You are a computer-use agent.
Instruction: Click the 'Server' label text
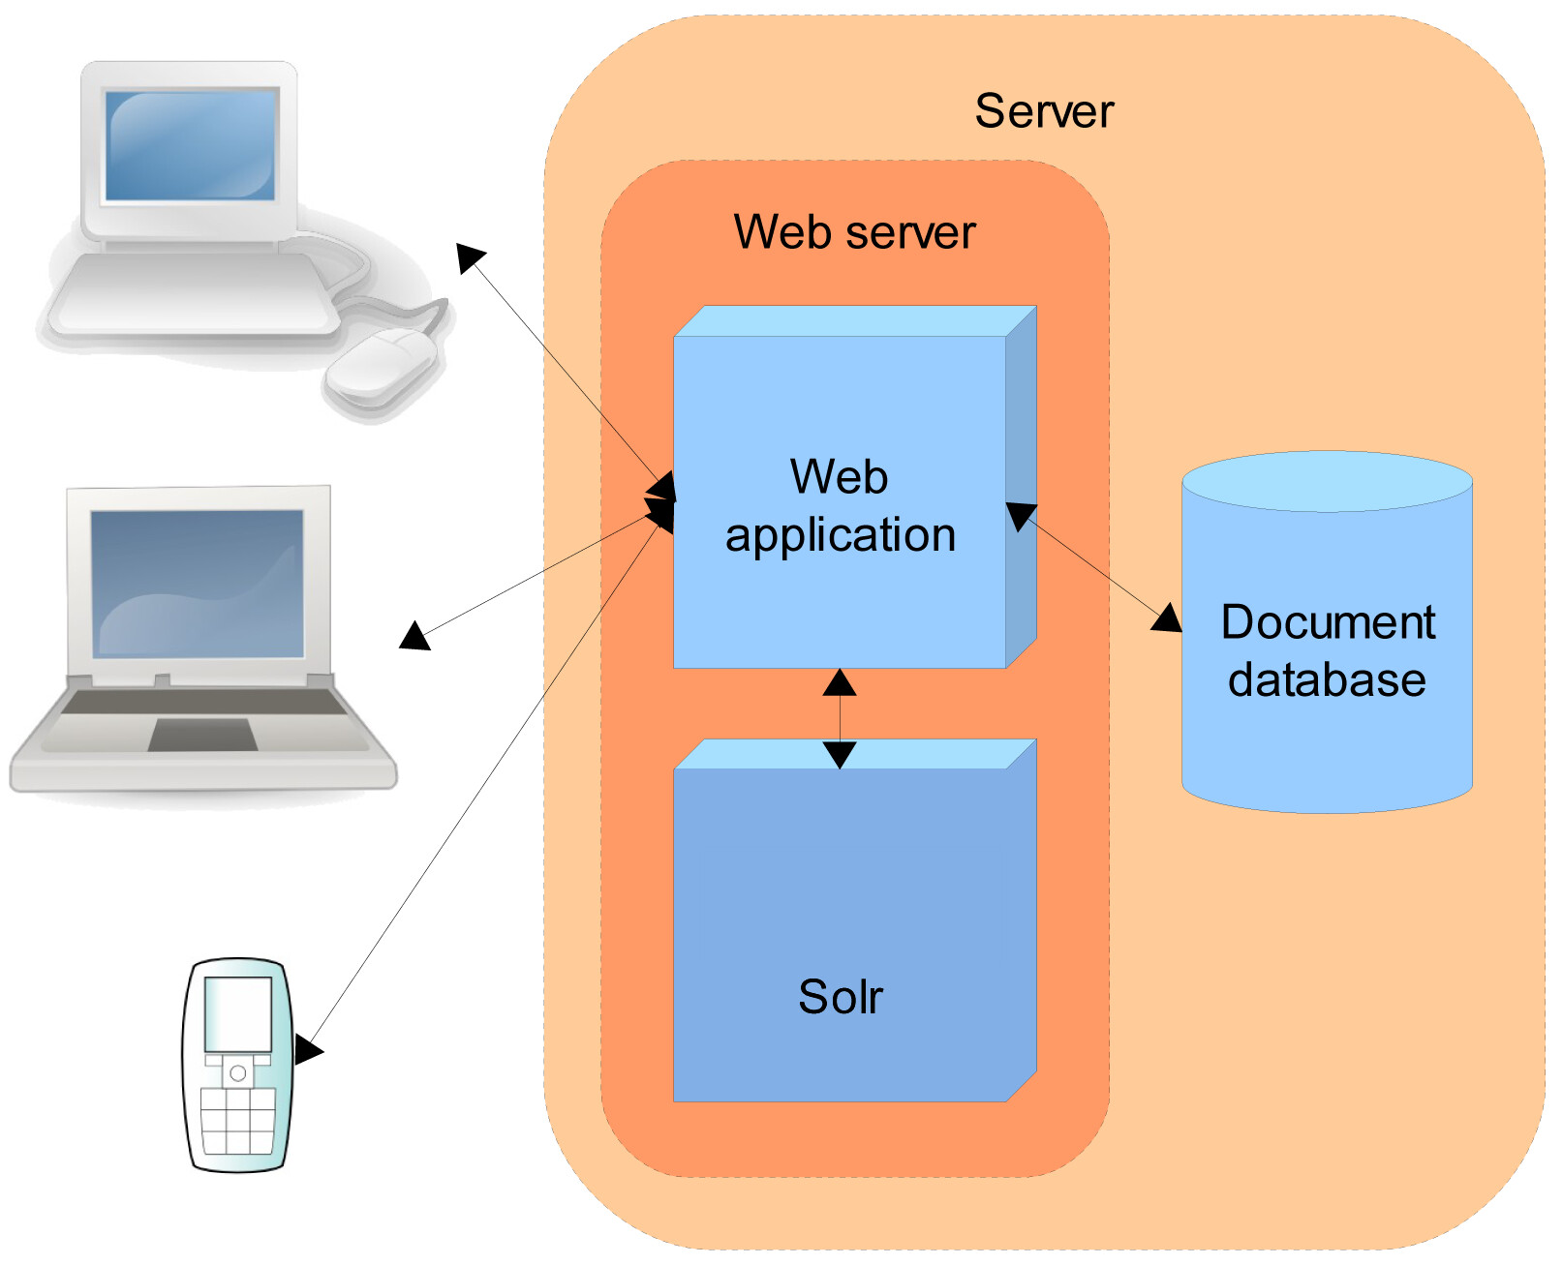(1044, 111)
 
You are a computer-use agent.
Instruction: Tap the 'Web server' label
(854, 231)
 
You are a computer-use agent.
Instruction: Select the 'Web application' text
(841, 505)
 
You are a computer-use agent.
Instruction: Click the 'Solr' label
(841, 997)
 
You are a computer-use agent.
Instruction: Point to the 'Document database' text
(1328, 650)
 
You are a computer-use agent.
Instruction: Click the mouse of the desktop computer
(382, 366)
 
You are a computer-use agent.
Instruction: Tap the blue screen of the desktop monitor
(190, 144)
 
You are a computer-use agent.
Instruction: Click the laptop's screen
(197, 583)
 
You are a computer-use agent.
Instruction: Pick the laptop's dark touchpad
(202, 734)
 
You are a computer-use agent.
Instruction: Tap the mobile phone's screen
(238, 1014)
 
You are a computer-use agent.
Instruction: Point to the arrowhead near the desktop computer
(470, 257)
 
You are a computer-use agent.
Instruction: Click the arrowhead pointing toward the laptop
(414, 636)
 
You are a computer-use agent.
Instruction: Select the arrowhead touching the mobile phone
(307, 1049)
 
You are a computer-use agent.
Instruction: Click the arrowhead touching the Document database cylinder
(1167, 618)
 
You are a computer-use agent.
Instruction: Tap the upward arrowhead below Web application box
(840, 682)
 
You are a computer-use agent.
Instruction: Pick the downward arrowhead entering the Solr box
(840, 755)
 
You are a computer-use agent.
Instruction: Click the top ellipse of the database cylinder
(1328, 481)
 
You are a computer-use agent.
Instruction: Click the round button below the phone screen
(238, 1072)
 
